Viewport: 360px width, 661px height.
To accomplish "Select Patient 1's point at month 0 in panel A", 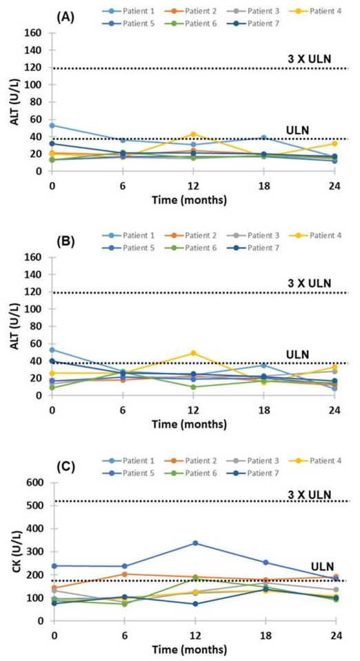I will (52, 125).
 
